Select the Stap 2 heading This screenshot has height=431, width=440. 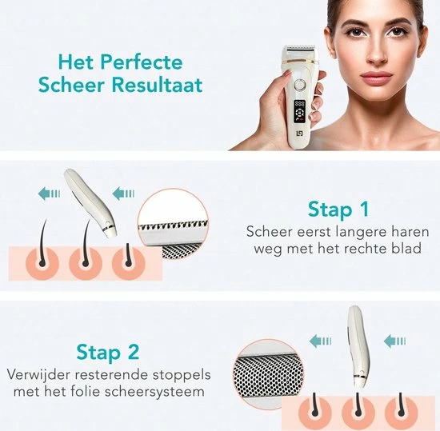point(109,351)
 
